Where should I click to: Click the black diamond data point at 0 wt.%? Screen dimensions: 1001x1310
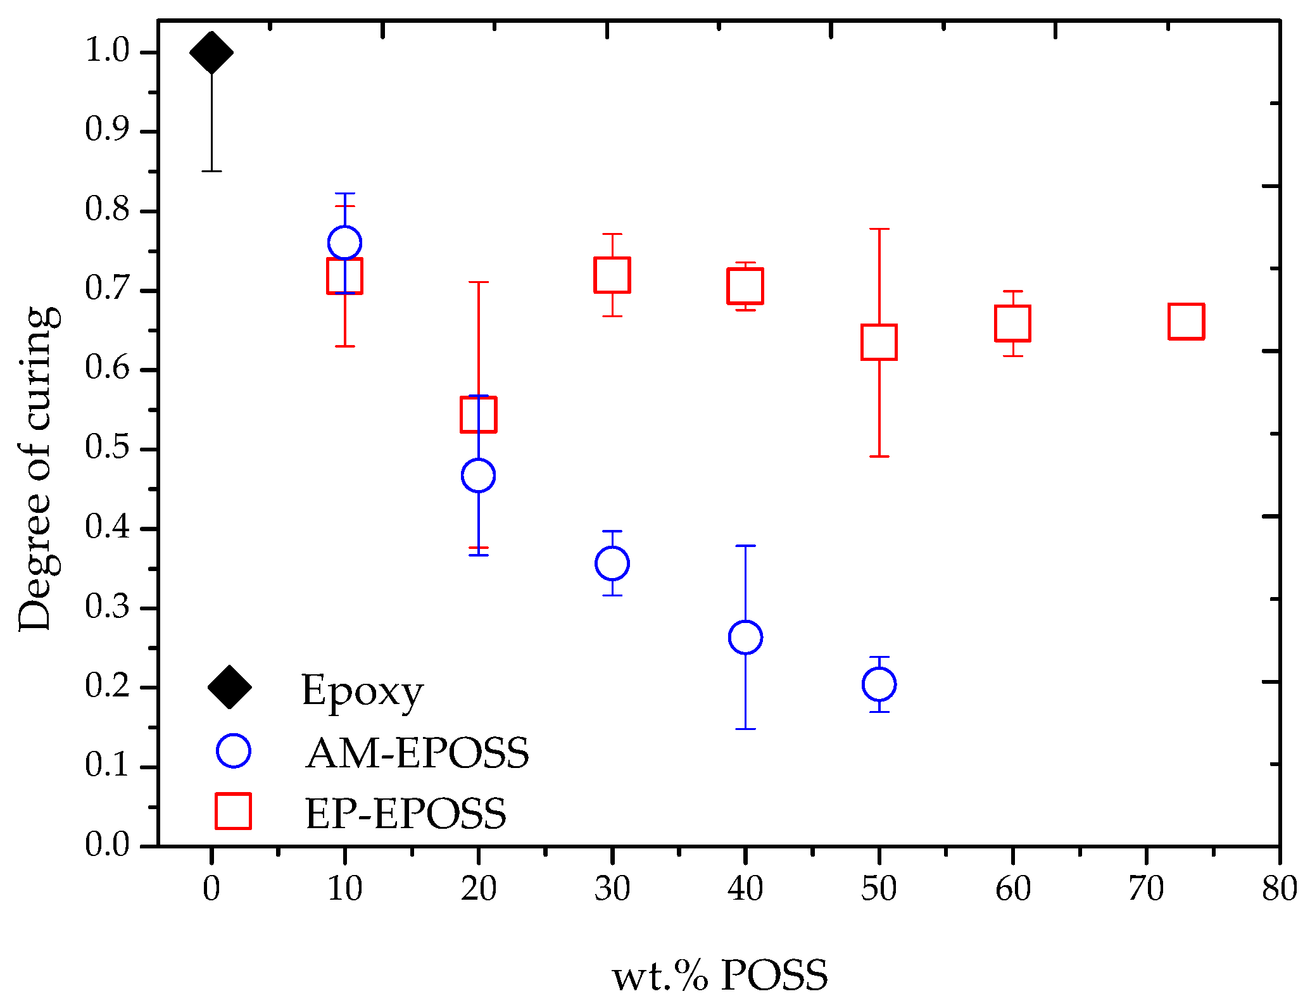[x=211, y=53]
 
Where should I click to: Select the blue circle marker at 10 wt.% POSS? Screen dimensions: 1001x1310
[x=345, y=242]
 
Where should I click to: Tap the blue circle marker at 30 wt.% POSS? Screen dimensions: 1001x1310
[x=612, y=563]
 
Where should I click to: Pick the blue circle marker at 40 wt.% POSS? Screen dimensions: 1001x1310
[x=745, y=637]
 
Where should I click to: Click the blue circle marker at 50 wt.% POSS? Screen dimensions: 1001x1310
[x=879, y=684]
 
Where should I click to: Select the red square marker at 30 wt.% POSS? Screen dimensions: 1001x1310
[x=612, y=275]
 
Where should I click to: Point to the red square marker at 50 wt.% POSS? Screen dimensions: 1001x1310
[x=879, y=342]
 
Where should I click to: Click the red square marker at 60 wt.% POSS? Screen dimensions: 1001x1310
[x=1013, y=323]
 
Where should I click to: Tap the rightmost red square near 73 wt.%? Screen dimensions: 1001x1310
[x=1186, y=321]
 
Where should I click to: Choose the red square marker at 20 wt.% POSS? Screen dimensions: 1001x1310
[x=479, y=415]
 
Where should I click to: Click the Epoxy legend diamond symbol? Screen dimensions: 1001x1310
[x=230, y=687]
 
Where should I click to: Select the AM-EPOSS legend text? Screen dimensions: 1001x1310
[x=417, y=753]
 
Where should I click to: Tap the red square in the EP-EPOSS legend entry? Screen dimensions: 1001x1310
[x=233, y=811]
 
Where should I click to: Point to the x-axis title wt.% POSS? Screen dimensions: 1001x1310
[x=720, y=974]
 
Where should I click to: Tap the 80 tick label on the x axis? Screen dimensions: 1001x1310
[x=1279, y=888]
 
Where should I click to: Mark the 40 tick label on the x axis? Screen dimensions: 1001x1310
[x=745, y=888]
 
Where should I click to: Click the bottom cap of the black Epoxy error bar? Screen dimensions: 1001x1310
[x=211, y=171]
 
